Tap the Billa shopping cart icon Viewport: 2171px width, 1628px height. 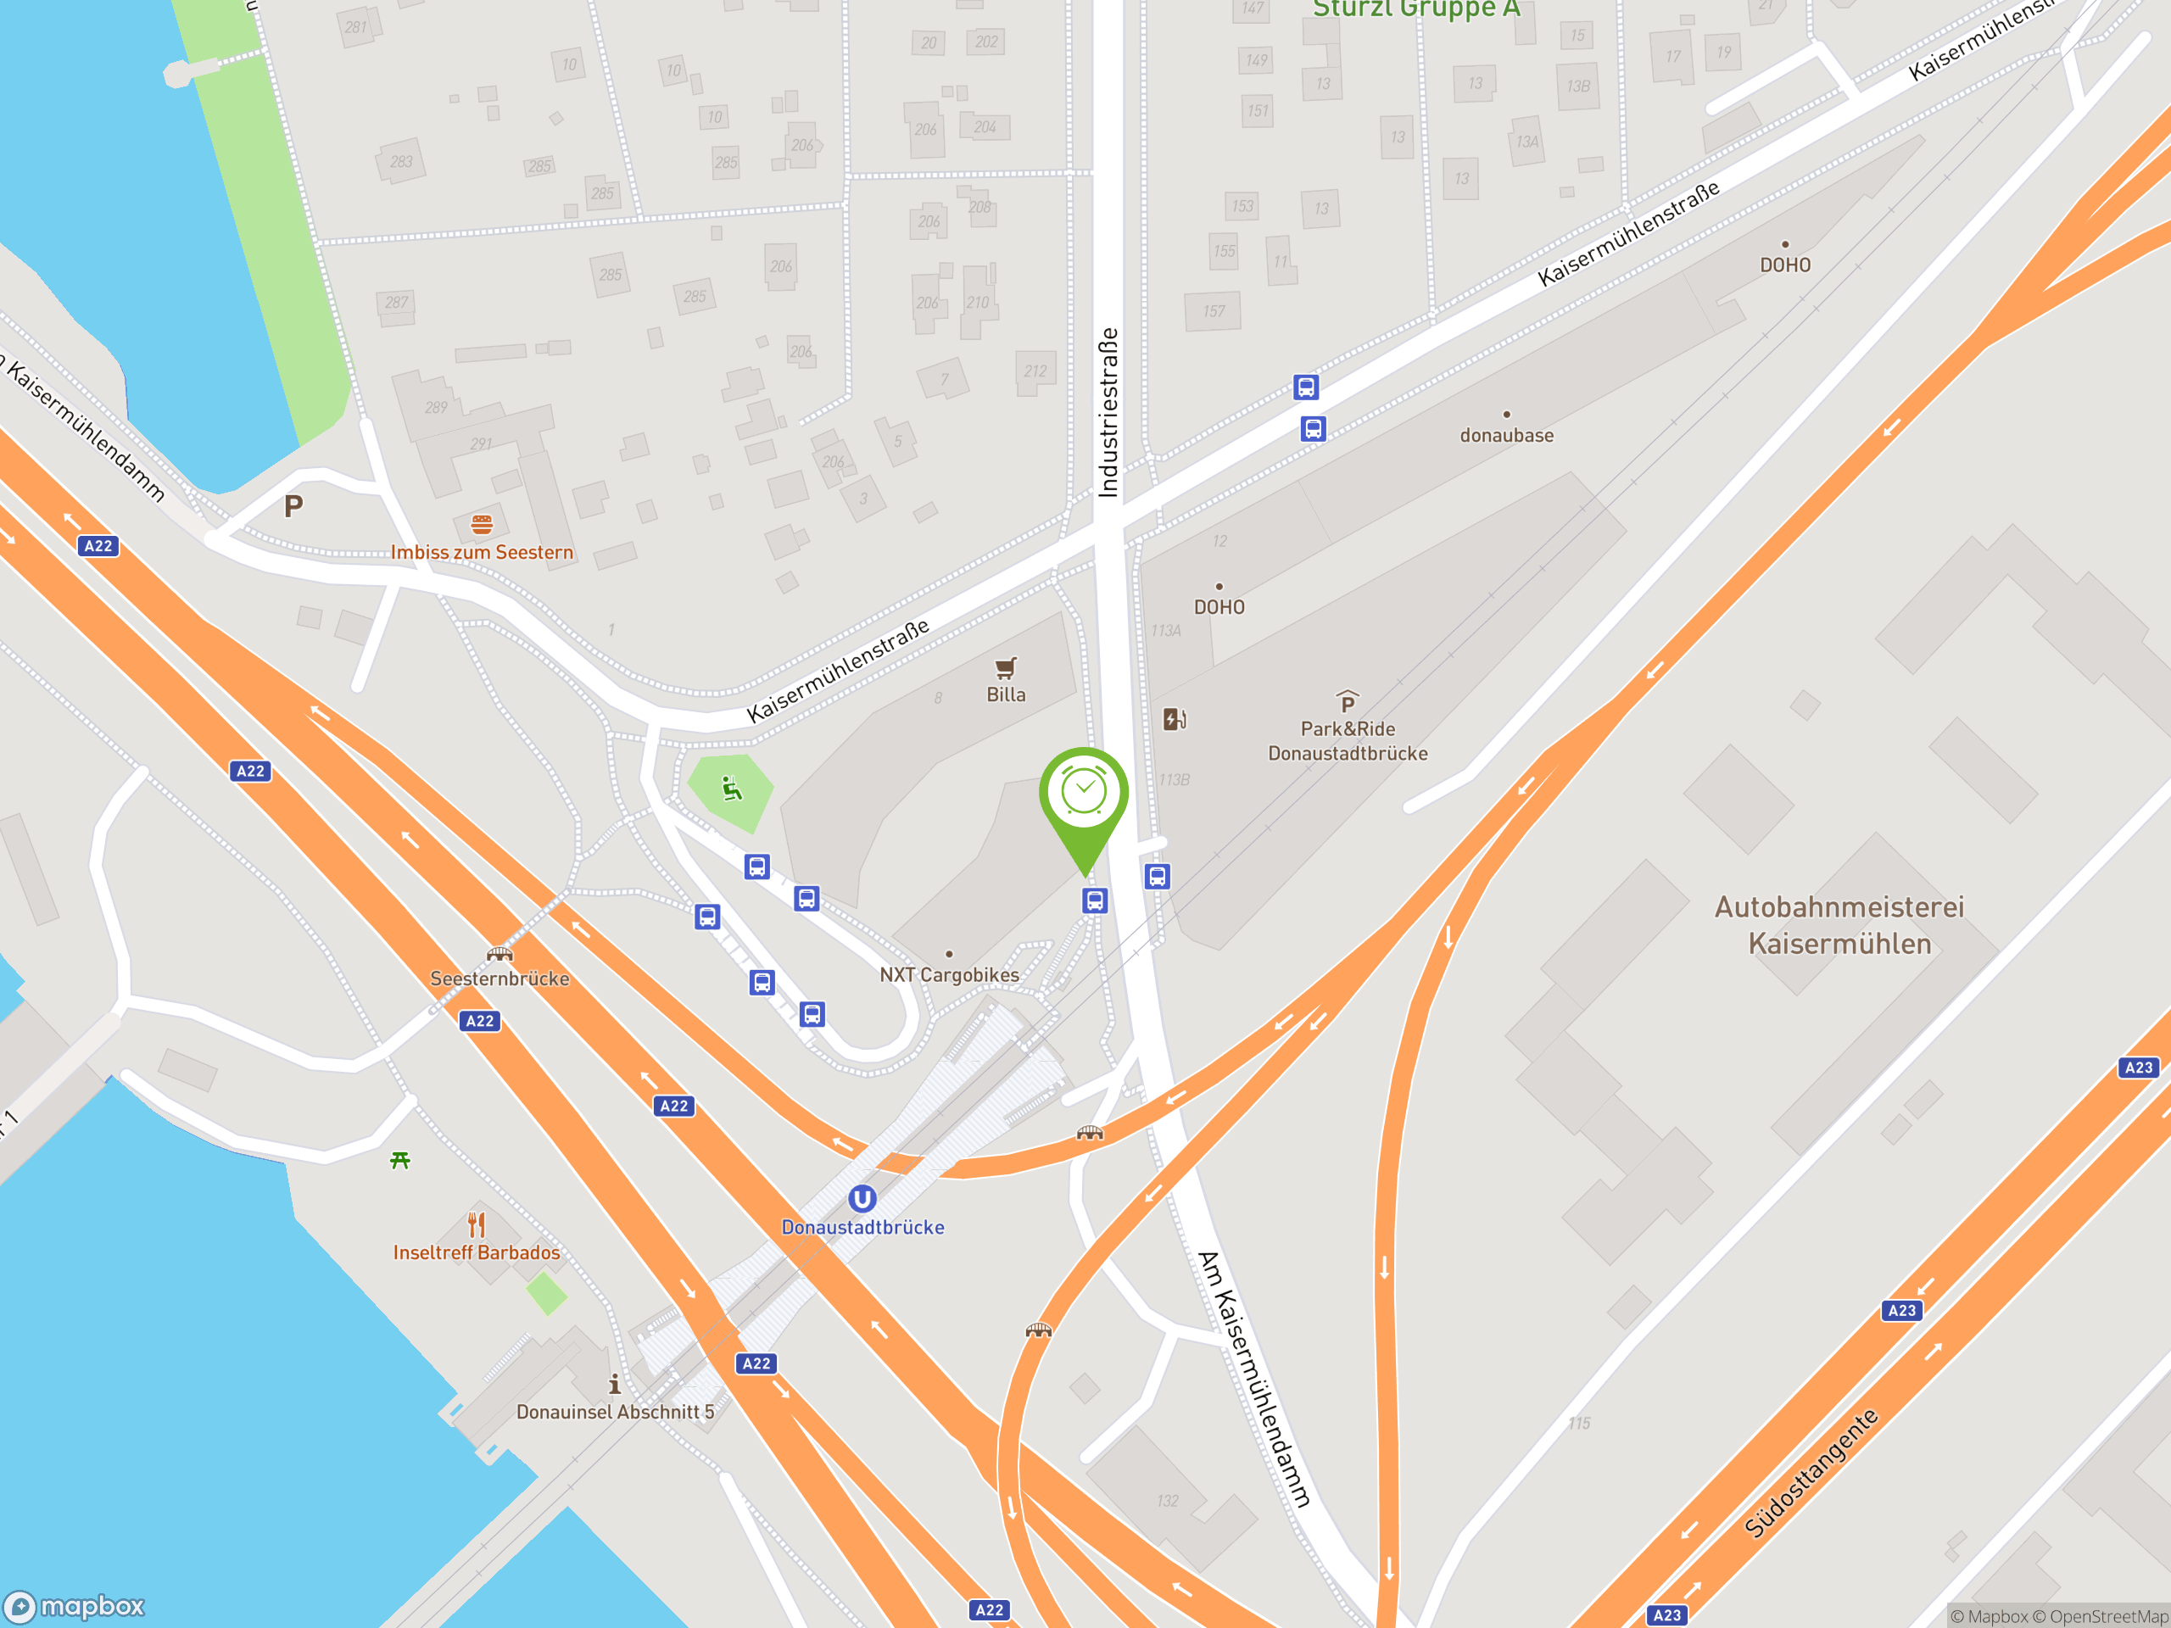1005,668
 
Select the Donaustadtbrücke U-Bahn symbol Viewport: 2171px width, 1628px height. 862,1198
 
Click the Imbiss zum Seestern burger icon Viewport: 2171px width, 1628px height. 481,525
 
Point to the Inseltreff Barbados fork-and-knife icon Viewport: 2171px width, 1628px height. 477,1224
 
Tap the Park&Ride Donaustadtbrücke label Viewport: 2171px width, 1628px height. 1348,741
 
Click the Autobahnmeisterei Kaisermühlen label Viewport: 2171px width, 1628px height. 1839,925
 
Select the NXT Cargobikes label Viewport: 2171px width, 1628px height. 949,974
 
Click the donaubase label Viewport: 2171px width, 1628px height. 1506,436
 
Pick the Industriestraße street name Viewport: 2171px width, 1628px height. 1108,412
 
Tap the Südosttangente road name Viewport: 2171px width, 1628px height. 1811,1472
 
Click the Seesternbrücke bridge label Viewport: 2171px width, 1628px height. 499,978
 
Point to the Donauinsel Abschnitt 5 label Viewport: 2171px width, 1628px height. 616,1412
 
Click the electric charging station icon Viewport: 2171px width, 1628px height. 1174,719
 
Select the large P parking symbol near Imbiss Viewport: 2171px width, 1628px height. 293,506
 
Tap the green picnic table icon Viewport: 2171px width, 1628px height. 399,1161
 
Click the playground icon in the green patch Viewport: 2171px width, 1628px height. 731,789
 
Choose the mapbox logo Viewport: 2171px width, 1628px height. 75,1607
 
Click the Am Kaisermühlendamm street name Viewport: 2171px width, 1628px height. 1253,1379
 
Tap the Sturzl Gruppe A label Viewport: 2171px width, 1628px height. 1416,10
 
